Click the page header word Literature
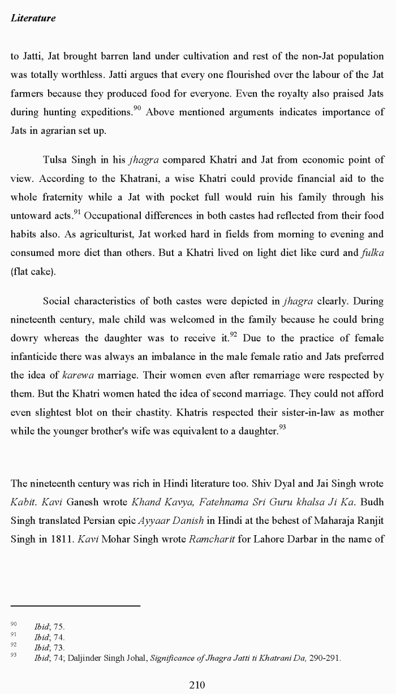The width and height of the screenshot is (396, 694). click(33, 18)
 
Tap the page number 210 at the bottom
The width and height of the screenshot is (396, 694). click(197, 685)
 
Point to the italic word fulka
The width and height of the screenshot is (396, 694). click(372, 253)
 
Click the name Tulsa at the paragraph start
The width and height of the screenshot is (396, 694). click(55, 160)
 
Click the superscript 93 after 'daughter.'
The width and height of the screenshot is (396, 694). click(282, 427)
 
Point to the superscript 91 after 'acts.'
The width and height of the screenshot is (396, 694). click(78, 212)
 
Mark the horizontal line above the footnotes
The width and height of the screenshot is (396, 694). click(75, 606)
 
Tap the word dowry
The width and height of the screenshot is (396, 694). click(24, 338)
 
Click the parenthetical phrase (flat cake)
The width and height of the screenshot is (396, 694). click(33, 271)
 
